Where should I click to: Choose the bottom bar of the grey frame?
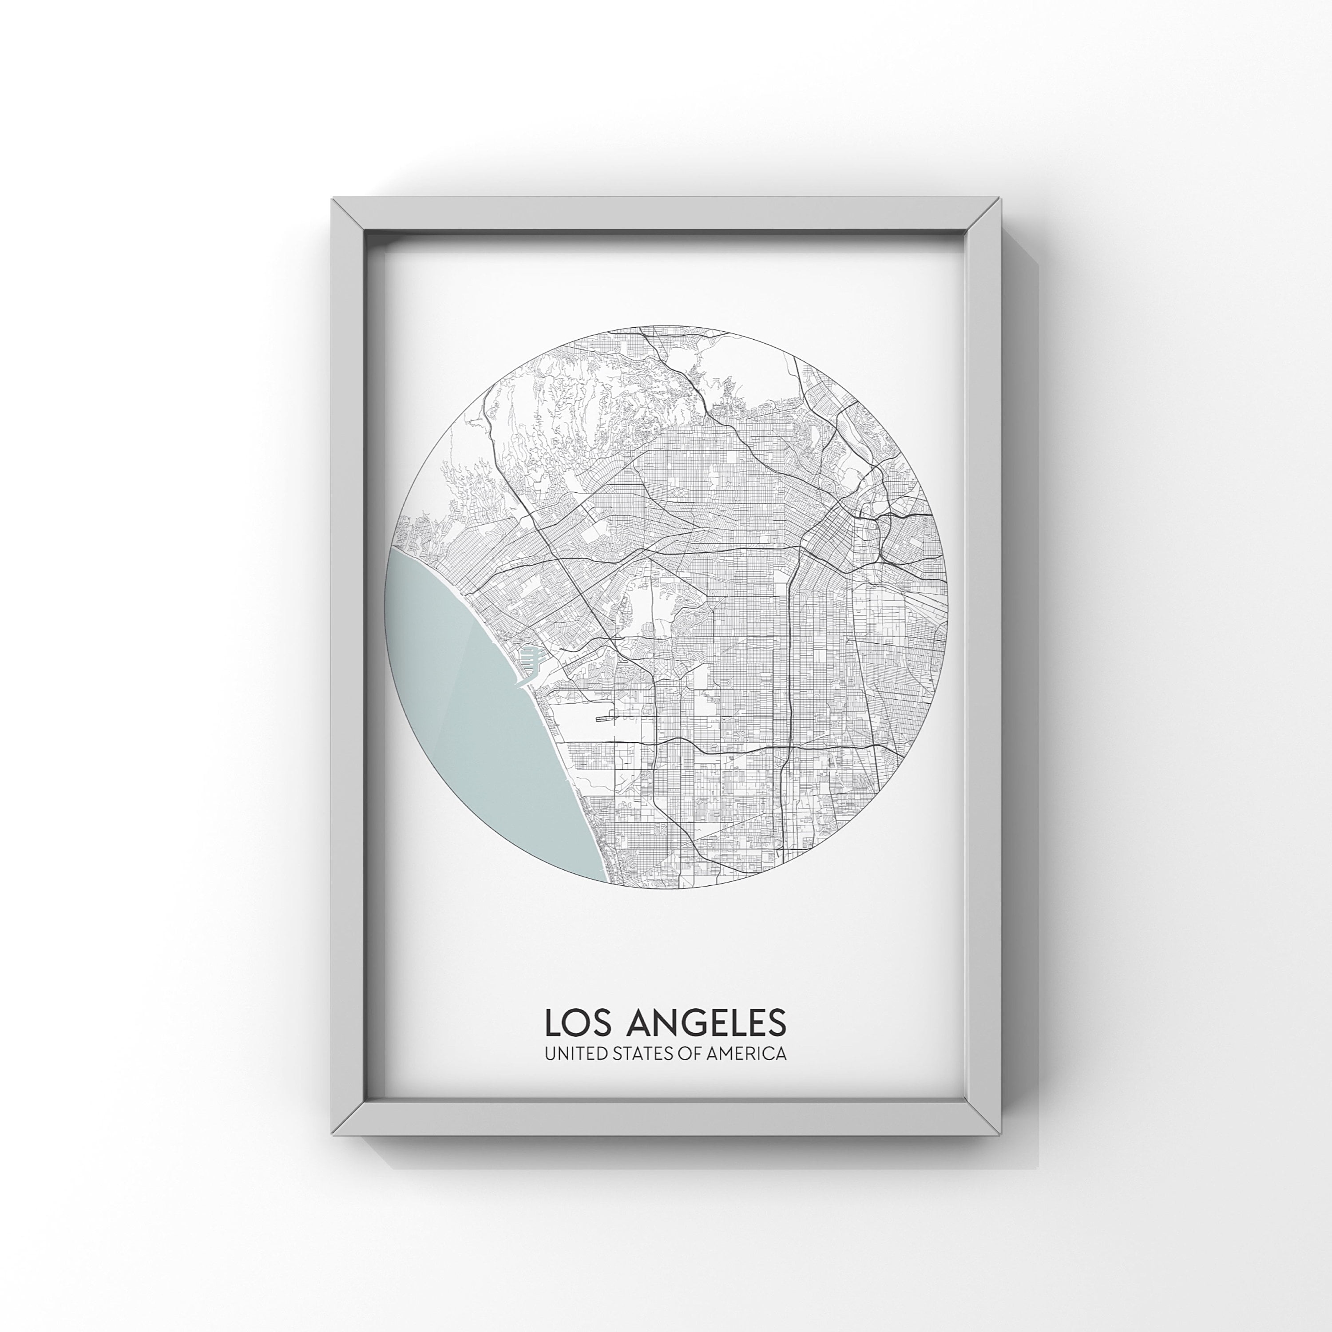coord(666,1118)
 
